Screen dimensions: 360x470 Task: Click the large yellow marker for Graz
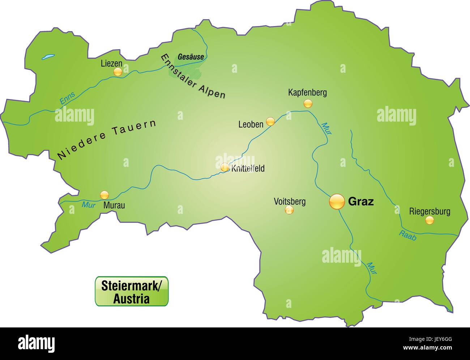[337, 201]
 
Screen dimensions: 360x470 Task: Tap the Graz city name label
[360, 202]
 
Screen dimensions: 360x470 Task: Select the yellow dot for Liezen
[117, 72]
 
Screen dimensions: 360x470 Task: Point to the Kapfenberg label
[307, 93]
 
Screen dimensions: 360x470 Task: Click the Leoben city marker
[270, 122]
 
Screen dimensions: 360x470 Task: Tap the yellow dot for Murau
[104, 195]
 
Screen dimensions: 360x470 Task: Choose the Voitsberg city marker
[289, 210]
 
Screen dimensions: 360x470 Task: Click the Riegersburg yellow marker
[429, 220]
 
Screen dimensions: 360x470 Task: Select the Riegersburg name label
[430, 211]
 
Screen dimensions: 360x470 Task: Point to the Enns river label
[67, 99]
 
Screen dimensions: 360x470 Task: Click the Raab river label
[407, 236]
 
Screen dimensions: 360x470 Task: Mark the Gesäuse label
[190, 57]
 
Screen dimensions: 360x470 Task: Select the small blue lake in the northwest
[48, 57]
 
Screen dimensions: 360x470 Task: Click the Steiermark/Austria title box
[132, 291]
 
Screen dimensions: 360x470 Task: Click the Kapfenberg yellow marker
[308, 104]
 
